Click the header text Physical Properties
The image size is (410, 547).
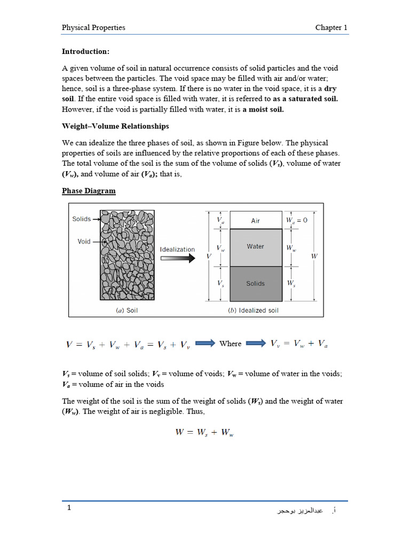(93, 27)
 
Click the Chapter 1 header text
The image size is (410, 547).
(331, 27)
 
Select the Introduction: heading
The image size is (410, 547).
(85, 52)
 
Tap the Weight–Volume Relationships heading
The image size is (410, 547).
(115, 126)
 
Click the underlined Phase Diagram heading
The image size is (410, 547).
(89, 191)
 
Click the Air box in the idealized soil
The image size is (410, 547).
(256, 221)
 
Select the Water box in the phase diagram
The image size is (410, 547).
(256, 247)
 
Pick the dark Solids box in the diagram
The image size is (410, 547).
(256, 284)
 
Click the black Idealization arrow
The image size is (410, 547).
(178, 258)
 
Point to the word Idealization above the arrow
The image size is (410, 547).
(178, 249)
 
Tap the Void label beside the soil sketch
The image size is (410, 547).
(84, 241)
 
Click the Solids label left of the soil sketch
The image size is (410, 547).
(82, 219)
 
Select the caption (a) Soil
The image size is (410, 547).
(127, 310)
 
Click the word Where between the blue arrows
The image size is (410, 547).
(231, 343)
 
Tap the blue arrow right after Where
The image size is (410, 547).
(256, 343)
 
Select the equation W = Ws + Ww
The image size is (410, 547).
(204, 433)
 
